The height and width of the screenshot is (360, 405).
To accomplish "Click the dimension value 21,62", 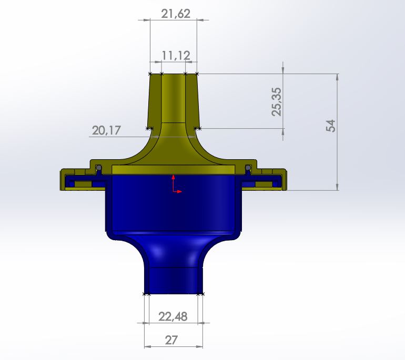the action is click(x=176, y=14).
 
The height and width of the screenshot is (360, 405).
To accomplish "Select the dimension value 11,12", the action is click(x=176, y=56).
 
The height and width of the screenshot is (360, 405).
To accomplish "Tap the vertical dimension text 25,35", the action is click(x=277, y=101).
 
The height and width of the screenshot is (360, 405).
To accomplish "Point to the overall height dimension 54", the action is click(x=331, y=126).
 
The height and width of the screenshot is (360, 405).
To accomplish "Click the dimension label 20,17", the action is click(x=106, y=130).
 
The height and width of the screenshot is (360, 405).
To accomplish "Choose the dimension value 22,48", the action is click(x=173, y=317).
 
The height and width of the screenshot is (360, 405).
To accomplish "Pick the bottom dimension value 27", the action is click(x=171, y=341).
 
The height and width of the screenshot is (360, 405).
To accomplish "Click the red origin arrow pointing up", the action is click(x=174, y=183).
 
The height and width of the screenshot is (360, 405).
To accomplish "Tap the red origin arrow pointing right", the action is click(x=177, y=191).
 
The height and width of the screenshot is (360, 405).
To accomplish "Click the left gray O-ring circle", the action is click(x=99, y=168).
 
